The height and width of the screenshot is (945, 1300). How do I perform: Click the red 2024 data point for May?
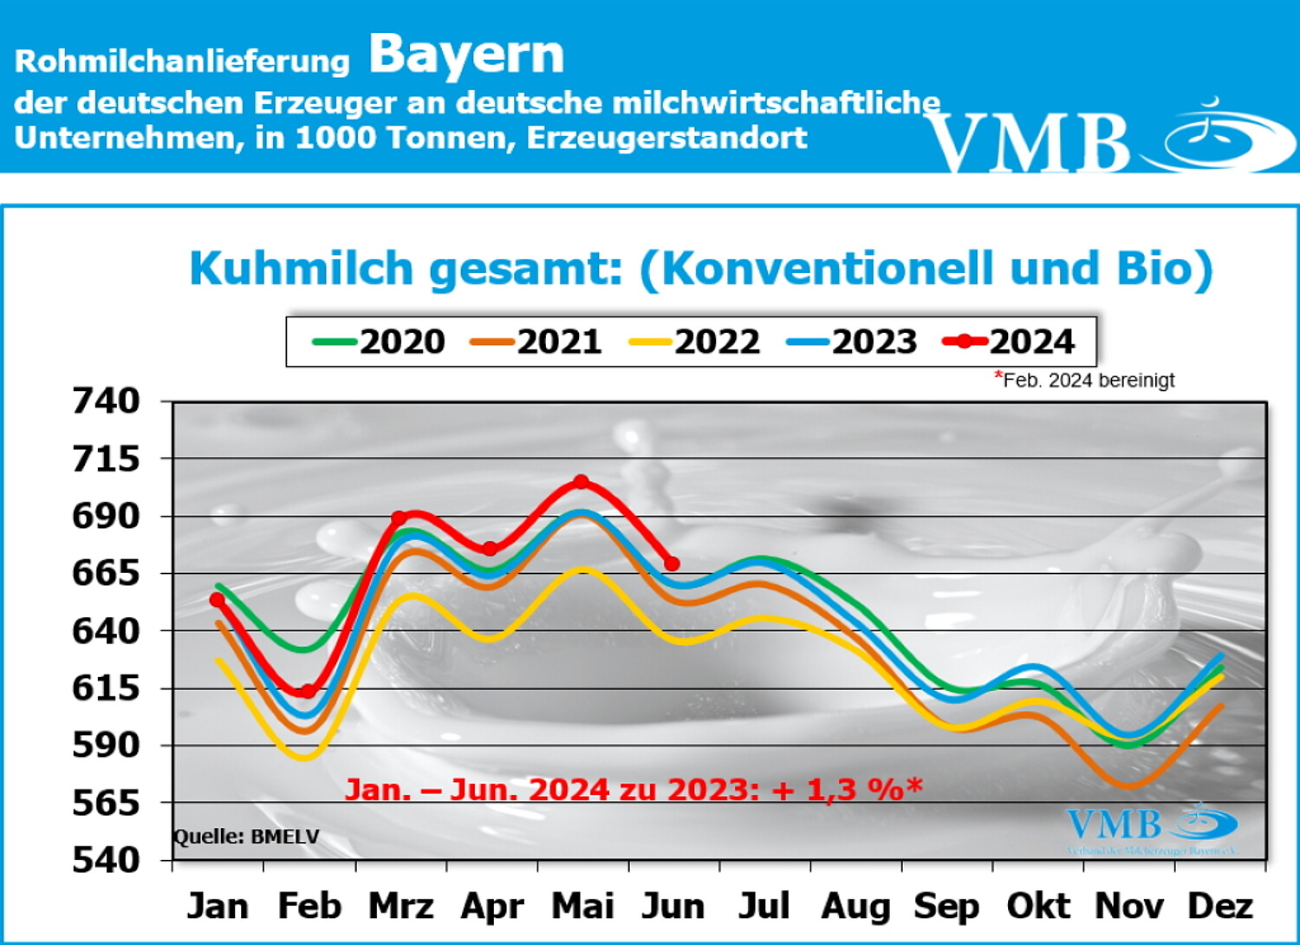point(582,482)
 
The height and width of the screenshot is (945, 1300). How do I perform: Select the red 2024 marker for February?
point(308,691)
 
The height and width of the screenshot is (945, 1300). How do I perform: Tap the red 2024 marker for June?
point(672,564)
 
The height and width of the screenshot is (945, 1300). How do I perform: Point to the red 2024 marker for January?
point(217,600)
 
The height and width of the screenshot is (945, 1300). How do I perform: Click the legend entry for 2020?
point(380,342)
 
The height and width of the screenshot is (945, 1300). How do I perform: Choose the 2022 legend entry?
point(694,342)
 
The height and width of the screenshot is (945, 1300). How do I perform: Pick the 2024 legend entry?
point(1010,342)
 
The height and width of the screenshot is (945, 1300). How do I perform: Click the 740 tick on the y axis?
point(106,401)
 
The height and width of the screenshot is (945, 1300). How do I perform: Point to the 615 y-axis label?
point(106,688)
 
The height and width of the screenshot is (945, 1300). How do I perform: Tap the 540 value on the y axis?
point(106,860)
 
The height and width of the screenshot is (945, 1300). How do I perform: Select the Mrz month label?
point(400,907)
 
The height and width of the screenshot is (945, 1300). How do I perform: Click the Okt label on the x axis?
point(1037,907)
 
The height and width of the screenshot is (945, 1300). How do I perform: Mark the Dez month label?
point(1219,907)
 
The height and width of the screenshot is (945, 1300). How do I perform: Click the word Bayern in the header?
point(466,55)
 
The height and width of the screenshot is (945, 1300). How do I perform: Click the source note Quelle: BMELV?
point(247,837)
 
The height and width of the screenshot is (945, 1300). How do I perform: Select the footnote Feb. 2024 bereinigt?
point(1088,381)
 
